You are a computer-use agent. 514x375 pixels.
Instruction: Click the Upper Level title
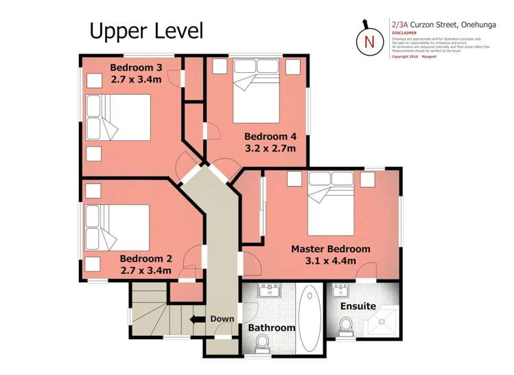coord(146,30)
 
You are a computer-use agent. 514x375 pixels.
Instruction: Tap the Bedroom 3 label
coord(137,67)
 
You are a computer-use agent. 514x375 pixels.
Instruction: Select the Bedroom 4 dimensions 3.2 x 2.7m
coord(270,148)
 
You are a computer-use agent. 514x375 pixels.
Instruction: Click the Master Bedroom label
coord(330,249)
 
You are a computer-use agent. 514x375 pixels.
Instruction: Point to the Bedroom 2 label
coord(145,259)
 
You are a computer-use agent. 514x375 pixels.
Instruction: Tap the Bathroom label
coord(271,328)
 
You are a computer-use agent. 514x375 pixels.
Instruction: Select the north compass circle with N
coord(369,41)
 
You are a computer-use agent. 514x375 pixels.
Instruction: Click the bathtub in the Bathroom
coord(309,317)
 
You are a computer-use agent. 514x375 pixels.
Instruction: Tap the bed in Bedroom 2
coord(117,227)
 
